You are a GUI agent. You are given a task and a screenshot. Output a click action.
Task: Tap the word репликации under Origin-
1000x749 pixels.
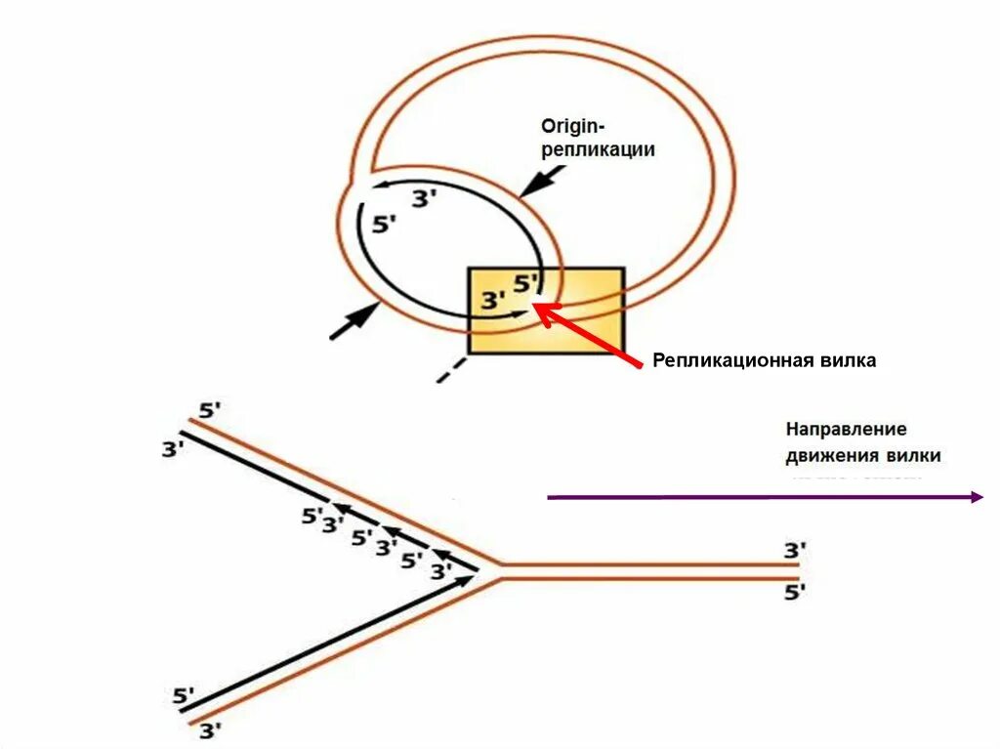(x=598, y=150)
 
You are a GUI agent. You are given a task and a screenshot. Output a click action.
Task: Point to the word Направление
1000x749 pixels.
(x=847, y=429)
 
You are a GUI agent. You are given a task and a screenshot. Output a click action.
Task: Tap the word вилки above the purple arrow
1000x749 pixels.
(x=914, y=455)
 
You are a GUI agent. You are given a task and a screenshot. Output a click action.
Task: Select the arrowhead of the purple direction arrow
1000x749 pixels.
(x=976, y=497)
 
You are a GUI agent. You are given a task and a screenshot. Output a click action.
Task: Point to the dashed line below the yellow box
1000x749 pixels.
(x=450, y=369)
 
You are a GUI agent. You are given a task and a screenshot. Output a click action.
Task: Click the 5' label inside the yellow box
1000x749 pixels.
(x=525, y=283)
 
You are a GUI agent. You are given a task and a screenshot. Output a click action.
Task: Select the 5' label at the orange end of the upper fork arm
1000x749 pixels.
(x=210, y=411)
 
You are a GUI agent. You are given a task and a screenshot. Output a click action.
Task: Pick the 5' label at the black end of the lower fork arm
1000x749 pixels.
(x=184, y=696)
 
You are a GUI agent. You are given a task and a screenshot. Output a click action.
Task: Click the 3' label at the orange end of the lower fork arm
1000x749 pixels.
(x=210, y=730)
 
